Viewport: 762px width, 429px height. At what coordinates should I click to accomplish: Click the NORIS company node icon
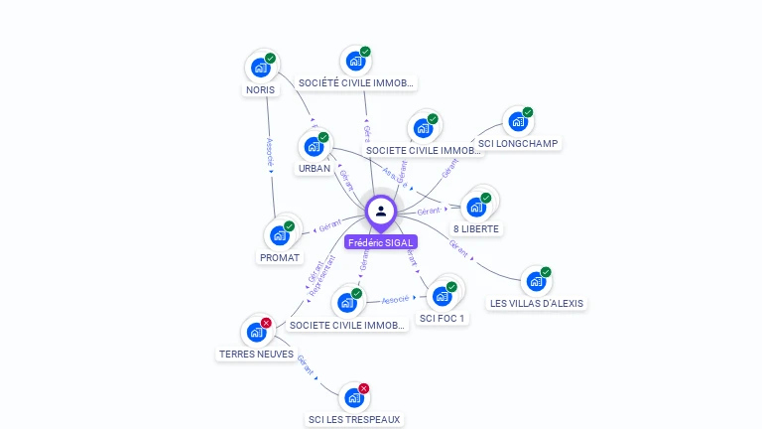pos(261,68)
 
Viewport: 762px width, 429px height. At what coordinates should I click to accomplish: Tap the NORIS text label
pos(261,89)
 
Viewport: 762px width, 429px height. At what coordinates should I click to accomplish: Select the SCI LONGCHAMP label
pos(519,143)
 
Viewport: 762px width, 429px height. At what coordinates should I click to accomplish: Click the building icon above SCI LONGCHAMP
pos(518,122)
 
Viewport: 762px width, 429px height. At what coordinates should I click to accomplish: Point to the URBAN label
pos(315,168)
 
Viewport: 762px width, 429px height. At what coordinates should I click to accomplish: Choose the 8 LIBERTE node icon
pos(477,207)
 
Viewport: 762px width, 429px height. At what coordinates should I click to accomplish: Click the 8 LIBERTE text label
pos(477,228)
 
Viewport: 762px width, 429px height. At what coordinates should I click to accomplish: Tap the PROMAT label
pos(280,257)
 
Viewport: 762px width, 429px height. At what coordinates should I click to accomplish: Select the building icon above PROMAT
pos(280,235)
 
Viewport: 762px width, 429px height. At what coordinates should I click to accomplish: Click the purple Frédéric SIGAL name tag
pos(381,242)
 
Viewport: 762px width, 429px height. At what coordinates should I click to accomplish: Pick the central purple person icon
pos(381,211)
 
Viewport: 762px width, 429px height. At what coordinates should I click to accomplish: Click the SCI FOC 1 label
pos(443,318)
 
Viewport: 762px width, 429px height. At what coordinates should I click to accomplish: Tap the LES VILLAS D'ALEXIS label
pos(537,303)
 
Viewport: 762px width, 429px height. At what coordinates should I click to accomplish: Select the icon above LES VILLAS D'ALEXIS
pos(536,282)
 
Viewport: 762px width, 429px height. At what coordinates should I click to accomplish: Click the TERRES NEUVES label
pos(256,354)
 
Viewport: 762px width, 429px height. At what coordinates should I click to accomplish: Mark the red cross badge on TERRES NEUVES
pos(266,323)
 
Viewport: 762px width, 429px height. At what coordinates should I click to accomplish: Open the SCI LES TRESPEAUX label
pos(354,419)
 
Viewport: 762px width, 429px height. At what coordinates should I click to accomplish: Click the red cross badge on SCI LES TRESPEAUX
pos(364,388)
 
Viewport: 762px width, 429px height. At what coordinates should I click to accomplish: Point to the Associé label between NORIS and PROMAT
pos(269,150)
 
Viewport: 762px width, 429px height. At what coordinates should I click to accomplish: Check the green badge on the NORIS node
pos(271,59)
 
